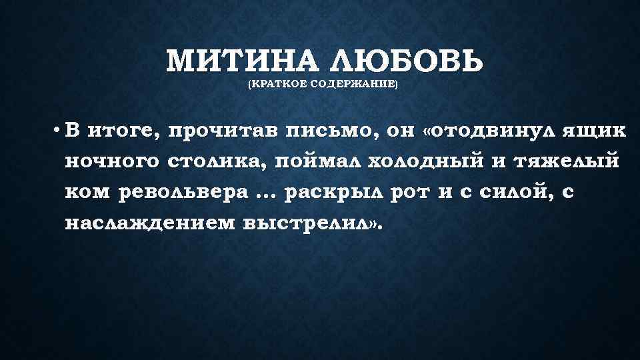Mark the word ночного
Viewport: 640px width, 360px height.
[111, 161]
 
